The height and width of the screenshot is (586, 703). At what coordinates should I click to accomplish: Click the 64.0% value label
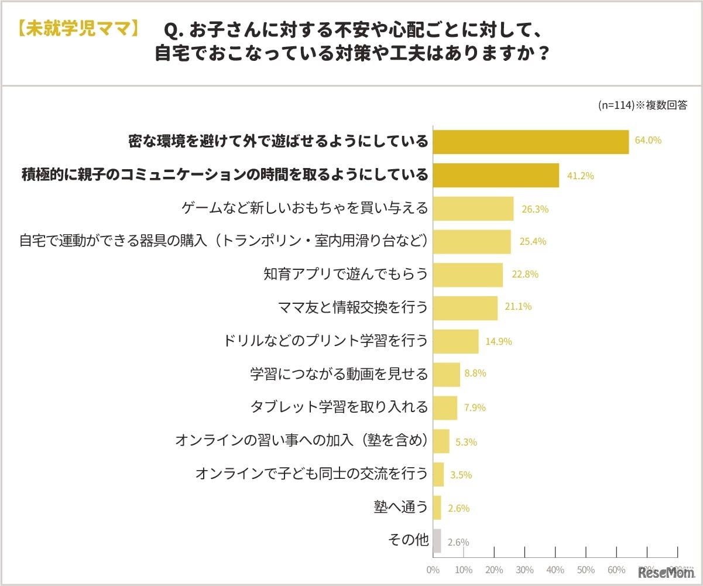pos(648,140)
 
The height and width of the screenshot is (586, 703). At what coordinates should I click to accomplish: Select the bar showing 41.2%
pos(496,175)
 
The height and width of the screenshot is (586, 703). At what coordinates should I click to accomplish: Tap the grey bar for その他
pos(437,541)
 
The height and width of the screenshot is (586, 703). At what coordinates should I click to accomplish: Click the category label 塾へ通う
pos(401,507)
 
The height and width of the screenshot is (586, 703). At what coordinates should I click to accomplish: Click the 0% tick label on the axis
pos(433,570)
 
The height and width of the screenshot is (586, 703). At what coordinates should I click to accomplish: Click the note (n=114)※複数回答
pos(642,105)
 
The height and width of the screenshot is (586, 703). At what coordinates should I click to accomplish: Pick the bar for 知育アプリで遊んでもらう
pos(468,275)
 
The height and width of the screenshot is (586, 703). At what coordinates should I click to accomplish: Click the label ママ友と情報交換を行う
pos(352,307)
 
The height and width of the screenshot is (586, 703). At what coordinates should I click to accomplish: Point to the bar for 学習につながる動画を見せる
pos(447,375)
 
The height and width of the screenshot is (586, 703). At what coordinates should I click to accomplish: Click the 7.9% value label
pos(475,408)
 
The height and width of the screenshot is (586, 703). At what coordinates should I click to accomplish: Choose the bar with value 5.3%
pos(441,441)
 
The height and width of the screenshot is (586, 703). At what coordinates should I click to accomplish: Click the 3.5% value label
pos(461,475)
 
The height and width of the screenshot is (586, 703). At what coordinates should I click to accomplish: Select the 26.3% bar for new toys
pos(473,208)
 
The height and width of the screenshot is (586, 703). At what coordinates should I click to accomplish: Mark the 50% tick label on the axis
pos(586,570)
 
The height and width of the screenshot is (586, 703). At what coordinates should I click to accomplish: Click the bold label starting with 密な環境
pos(278,142)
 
